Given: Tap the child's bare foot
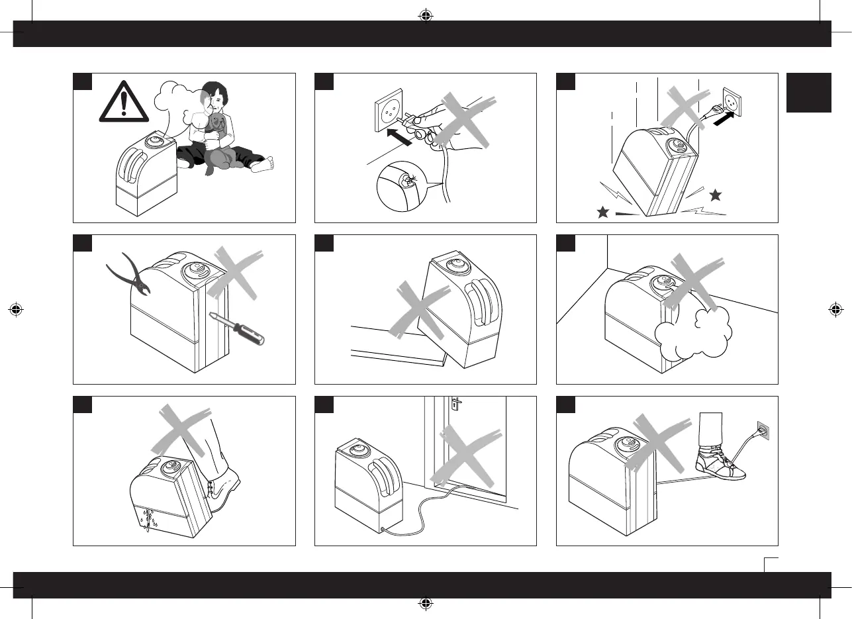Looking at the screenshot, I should click(263, 164).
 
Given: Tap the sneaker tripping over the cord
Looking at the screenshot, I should click(720, 465).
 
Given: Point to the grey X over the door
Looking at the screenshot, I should click(467, 456).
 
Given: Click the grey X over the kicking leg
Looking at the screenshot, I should click(185, 430).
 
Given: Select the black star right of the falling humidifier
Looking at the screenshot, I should click(714, 195).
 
